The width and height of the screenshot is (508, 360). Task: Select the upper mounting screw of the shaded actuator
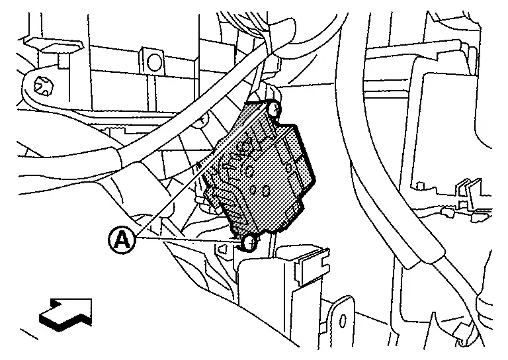coord(273,107)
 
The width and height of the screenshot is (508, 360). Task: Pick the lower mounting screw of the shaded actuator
coord(249,243)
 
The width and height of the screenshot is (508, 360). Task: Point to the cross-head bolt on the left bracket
coord(46,84)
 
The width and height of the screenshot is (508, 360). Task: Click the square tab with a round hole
coord(154,63)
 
